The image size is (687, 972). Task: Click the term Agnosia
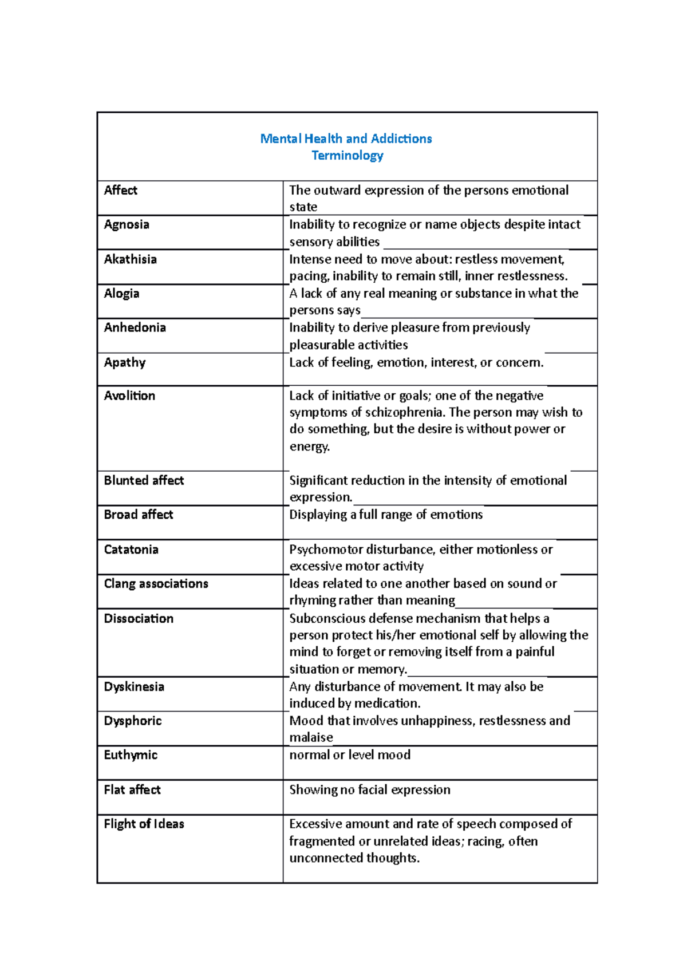pyautogui.click(x=127, y=224)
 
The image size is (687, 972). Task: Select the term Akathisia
pyautogui.click(x=130, y=259)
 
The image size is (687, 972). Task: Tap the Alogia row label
pyautogui.click(x=121, y=294)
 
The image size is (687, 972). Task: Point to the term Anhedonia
pyautogui.click(x=135, y=327)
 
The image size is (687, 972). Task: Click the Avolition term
pyautogui.click(x=129, y=396)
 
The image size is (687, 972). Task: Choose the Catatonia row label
pyautogui.click(x=131, y=550)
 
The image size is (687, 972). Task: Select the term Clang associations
pyautogui.click(x=156, y=584)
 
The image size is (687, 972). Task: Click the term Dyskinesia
pyautogui.click(x=134, y=687)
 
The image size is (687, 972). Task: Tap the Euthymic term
pyautogui.click(x=131, y=755)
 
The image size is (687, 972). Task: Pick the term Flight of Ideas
pyautogui.click(x=144, y=824)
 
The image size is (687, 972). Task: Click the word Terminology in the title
pyautogui.click(x=347, y=156)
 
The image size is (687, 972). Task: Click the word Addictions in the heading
pyautogui.click(x=401, y=139)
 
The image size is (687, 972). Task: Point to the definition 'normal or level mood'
pyautogui.click(x=350, y=755)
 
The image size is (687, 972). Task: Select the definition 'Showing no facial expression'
pyautogui.click(x=370, y=790)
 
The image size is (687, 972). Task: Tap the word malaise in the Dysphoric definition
pyautogui.click(x=311, y=738)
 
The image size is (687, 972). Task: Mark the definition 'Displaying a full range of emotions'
pyautogui.click(x=386, y=515)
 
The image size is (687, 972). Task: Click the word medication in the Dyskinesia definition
pyautogui.click(x=387, y=704)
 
